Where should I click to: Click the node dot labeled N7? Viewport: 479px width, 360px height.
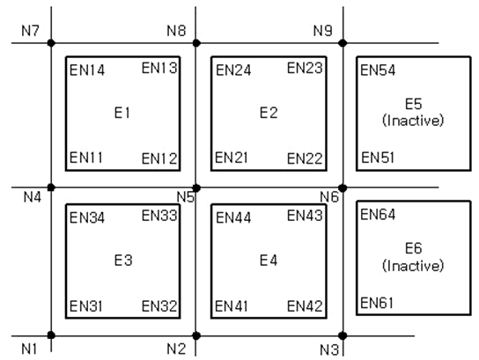pyautogui.click(x=51, y=43)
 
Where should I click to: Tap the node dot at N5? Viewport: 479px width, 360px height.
pyautogui.click(x=196, y=188)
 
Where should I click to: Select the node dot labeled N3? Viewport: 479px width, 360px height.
pyautogui.click(x=343, y=335)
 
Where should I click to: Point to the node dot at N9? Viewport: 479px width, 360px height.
pyautogui.click(x=343, y=43)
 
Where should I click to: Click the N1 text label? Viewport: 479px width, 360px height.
pyautogui.click(x=29, y=349)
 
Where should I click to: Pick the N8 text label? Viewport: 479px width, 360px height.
pyautogui.click(x=176, y=31)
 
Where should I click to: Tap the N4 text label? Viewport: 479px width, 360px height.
pyautogui.click(x=32, y=197)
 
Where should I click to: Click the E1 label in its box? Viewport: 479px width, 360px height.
pyautogui.click(x=122, y=113)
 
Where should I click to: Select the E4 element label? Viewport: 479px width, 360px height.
pyautogui.click(x=269, y=261)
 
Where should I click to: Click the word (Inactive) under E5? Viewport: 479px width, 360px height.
pyautogui.click(x=413, y=121)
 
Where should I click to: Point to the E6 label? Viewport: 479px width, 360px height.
pyautogui.click(x=413, y=248)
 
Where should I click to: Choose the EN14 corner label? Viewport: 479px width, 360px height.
pyautogui.click(x=87, y=70)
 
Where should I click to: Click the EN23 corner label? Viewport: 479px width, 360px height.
pyautogui.click(x=305, y=68)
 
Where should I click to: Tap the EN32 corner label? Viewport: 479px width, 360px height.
pyautogui.click(x=159, y=306)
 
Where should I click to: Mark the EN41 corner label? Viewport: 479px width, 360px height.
pyautogui.click(x=232, y=306)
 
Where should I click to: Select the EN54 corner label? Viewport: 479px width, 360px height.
pyautogui.click(x=378, y=70)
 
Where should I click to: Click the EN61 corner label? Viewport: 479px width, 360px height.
pyautogui.click(x=377, y=303)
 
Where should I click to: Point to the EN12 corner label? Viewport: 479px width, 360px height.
pyautogui.click(x=159, y=158)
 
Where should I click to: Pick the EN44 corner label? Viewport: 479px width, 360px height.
pyautogui.click(x=233, y=217)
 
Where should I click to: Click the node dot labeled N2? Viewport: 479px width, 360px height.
pyautogui.click(x=196, y=335)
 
